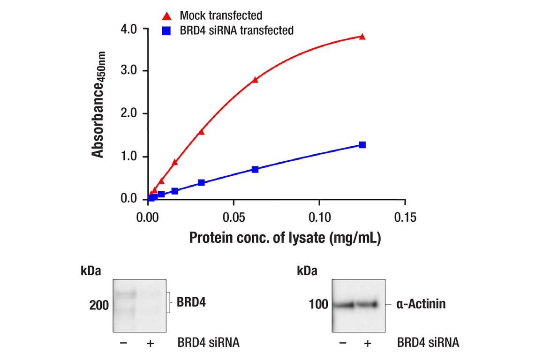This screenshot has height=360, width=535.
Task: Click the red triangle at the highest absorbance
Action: (362, 36)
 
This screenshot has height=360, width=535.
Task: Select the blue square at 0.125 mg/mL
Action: (362, 145)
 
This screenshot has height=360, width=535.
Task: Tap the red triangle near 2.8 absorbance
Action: (255, 79)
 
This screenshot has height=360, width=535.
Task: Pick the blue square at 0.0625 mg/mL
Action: (255, 169)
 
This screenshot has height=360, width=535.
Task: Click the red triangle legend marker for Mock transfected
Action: (167, 16)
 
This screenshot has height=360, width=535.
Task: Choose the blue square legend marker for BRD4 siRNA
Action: (167, 31)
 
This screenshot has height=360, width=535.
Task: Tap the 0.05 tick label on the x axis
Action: (234, 218)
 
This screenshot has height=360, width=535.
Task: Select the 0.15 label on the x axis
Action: (405, 218)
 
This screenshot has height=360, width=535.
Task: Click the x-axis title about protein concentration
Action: (285, 238)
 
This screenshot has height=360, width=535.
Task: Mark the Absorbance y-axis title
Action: (98, 105)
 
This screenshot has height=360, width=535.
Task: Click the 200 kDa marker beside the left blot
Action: (99, 306)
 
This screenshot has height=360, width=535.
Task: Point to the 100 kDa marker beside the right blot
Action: (318, 305)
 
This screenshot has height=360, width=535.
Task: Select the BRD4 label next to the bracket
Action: (191, 302)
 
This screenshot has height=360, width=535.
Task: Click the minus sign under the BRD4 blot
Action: (124, 343)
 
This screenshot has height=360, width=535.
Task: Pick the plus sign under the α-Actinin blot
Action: (368, 343)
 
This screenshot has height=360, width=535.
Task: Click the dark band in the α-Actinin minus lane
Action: (345, 305)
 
